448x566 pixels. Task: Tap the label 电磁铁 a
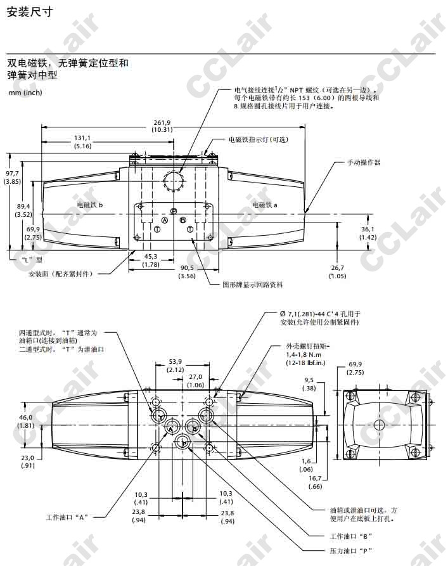pyautogui.click(x=264, y=205)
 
